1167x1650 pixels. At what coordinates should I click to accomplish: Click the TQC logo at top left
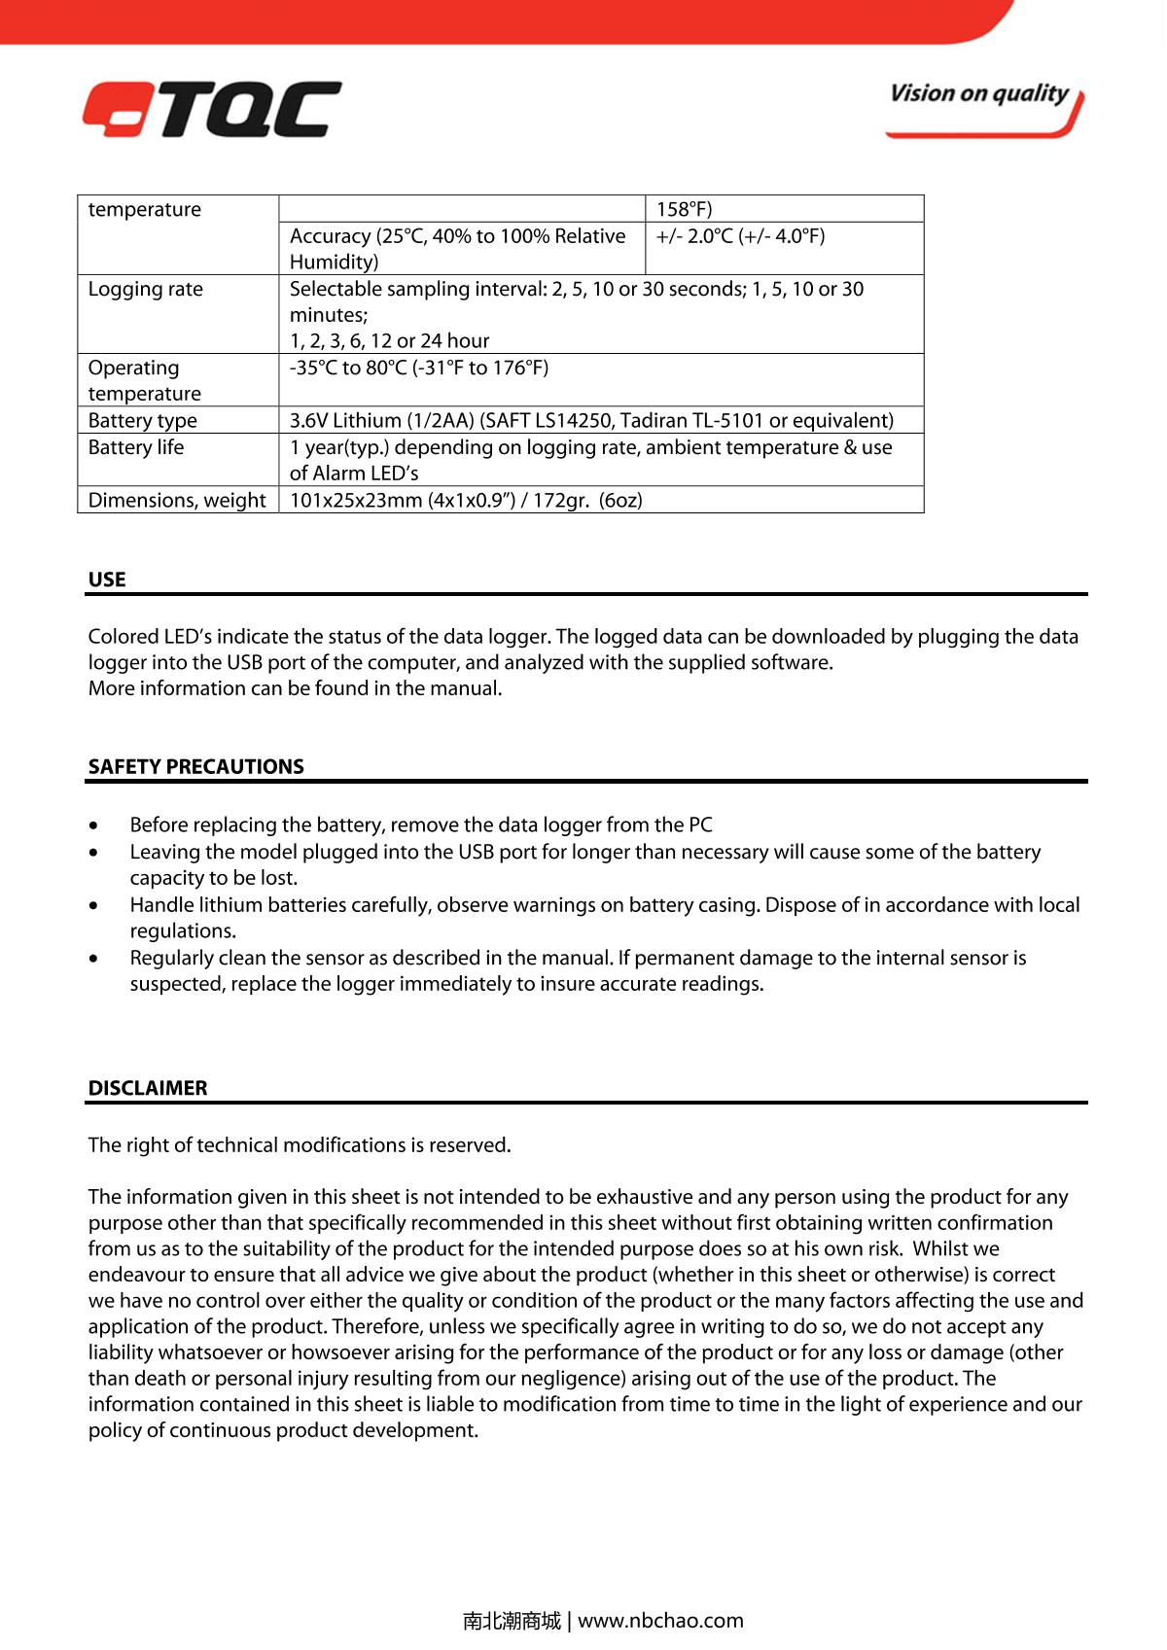coord(212,109)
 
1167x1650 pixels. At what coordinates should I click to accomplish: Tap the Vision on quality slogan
coord(978,94)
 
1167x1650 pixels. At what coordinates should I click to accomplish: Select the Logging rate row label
coord(146,289)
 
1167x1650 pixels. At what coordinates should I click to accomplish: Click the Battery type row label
coord(142,420)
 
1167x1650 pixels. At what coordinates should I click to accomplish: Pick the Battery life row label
coord(135,447)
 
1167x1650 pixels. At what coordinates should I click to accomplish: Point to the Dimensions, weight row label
coord(177,500)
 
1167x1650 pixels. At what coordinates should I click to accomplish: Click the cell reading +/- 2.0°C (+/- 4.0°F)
coord(740,236)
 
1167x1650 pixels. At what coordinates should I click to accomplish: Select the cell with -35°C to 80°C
coord(419,368)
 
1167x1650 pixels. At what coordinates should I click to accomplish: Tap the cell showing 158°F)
coord(684,209)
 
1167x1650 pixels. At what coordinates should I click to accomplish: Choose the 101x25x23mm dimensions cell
coord(466,500)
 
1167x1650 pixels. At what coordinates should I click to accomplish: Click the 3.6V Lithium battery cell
coord(591,420)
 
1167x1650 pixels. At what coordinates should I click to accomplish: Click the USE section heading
coord(107,579)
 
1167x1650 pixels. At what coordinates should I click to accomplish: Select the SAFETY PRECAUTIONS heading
coord(195,766)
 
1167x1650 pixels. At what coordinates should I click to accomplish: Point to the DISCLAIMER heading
coord(148,1088)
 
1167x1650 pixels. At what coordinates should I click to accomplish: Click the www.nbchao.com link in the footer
coord(660,1620)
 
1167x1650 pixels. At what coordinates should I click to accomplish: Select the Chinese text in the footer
coord(512,1620)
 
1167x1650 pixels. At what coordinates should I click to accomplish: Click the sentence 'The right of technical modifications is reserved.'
coord(300,1144)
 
